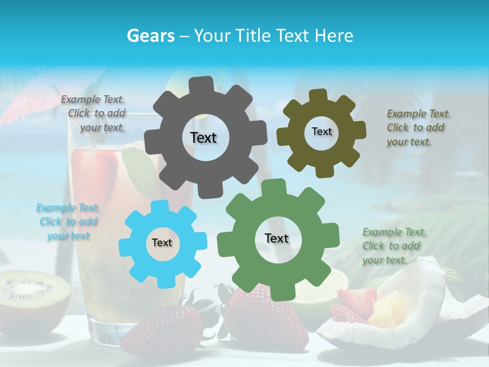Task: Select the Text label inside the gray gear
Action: (203, 138)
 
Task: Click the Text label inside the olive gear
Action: (321, 132)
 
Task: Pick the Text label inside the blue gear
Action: (162, 243)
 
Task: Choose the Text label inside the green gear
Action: (277, 239)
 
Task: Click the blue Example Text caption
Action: (68, 222)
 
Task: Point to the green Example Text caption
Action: (394, 246)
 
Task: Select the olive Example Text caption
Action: (418, 127)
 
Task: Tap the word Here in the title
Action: (334, 36)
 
